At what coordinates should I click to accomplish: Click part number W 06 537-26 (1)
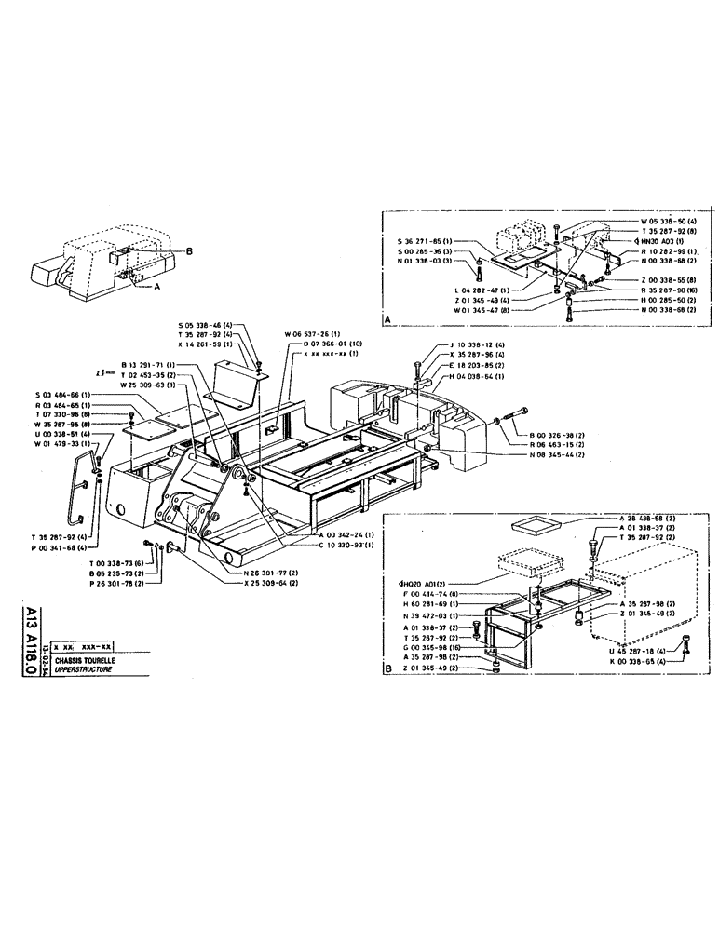312,334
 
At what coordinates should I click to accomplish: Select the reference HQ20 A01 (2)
416,583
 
